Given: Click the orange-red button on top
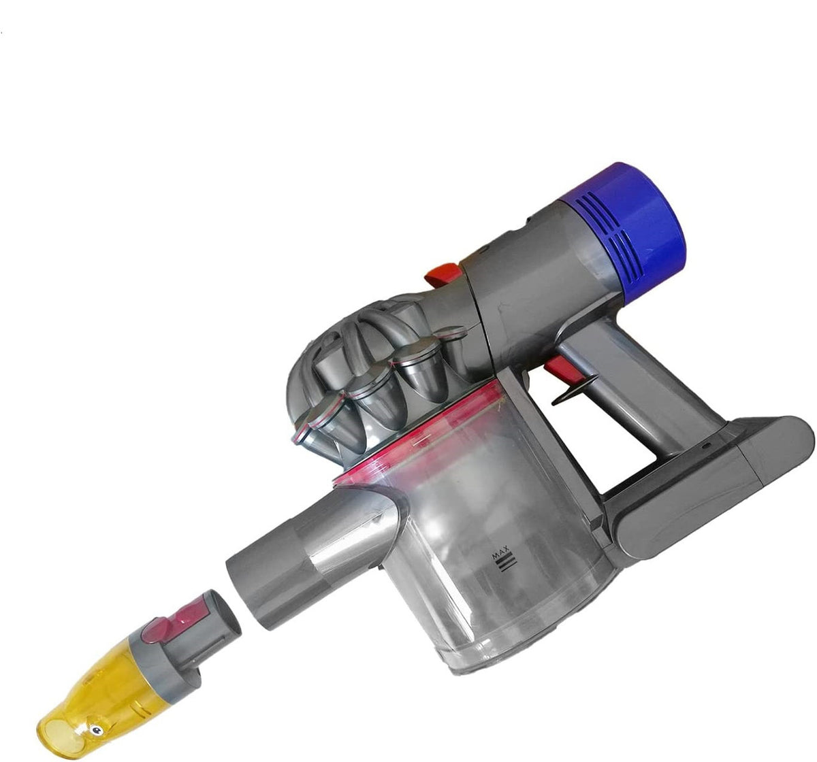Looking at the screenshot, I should click(x=440, y=274).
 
